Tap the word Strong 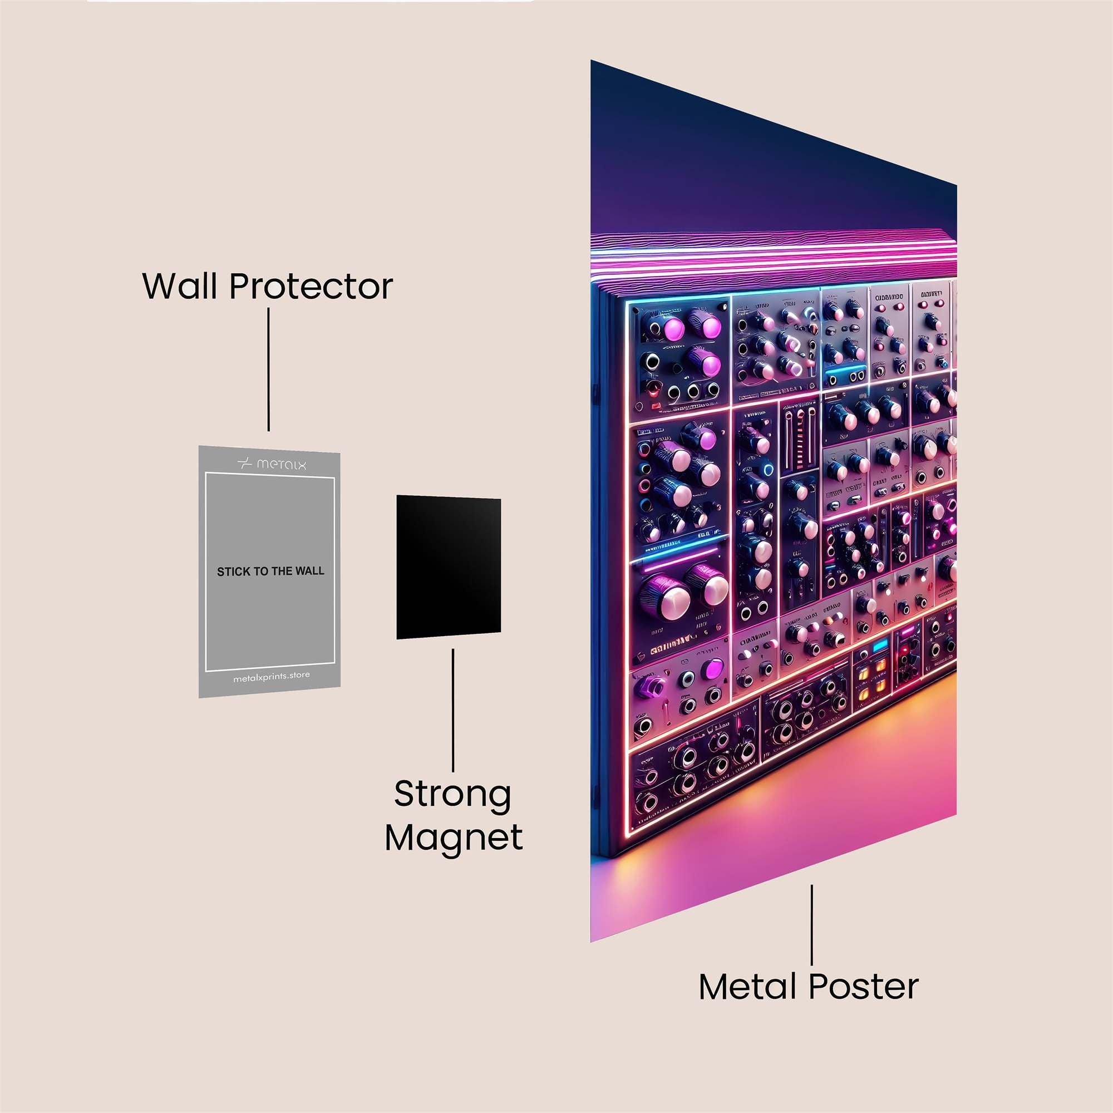tap(453, 795)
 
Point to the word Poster tap(864, 986)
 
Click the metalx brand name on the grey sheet tap(281, 464)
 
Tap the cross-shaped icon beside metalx tap(245, 464)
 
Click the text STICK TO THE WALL tap(270, 572)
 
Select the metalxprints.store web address tap(272, 677)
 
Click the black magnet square tap(448, 568)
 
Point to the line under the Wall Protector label tap(268, 370)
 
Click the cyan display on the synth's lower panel tap(880, 646)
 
